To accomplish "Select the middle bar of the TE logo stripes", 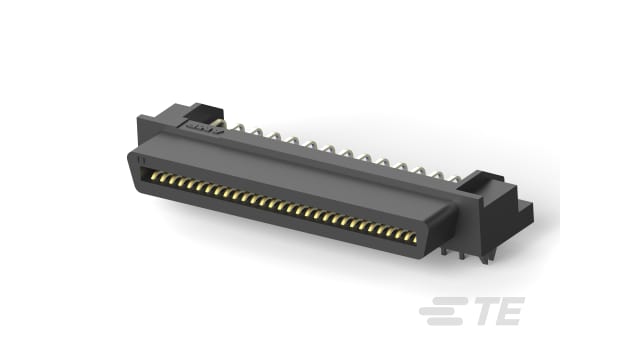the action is (442, 311).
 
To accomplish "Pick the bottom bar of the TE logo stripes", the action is (444, 322).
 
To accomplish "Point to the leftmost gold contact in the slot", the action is (154, 176).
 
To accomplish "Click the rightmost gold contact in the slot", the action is (411, 238).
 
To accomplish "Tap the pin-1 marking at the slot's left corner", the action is (141, 160).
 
